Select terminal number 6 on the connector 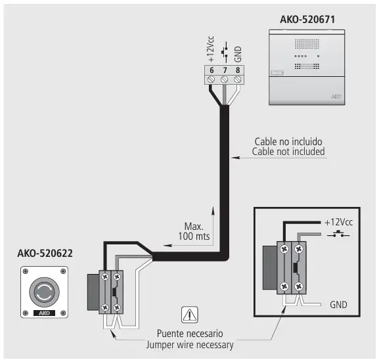click(212, 70)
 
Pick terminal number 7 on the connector click(224, 70)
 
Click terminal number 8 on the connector click(237, 70)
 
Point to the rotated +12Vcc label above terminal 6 click(212, 51)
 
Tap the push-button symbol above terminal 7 click(225, 53)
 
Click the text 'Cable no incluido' click(290, 142)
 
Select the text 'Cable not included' click(290, 152)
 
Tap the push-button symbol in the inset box click(340, 235)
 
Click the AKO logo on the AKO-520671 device click(336, 97)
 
